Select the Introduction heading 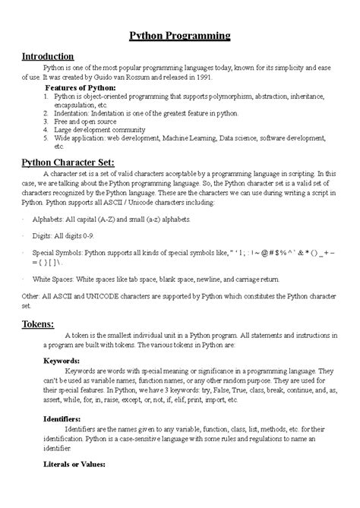pos(47,56)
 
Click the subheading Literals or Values pos(74,465)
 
